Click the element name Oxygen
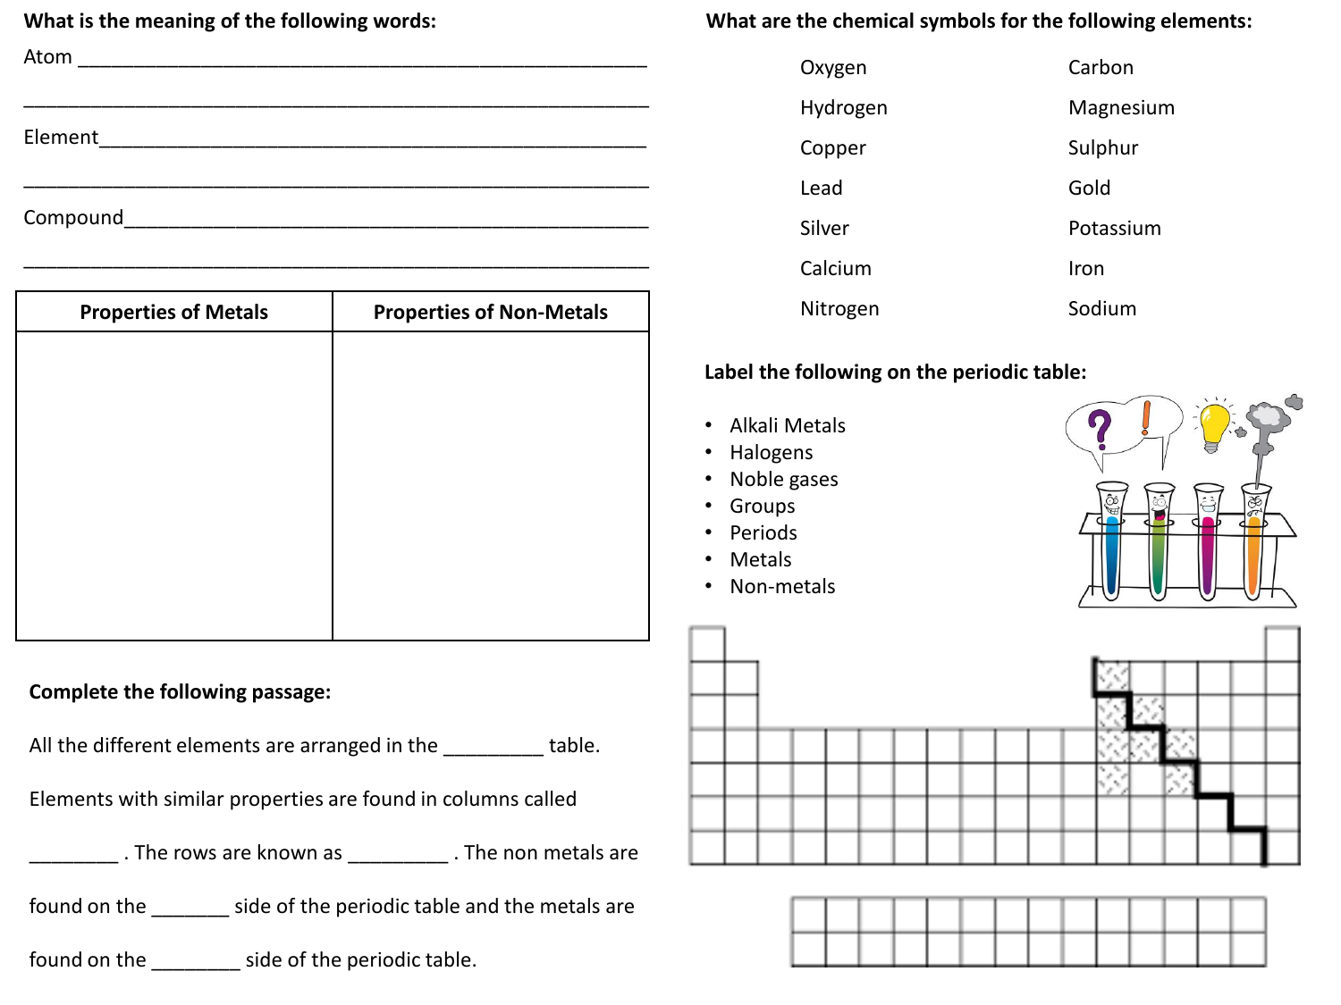point(832,68)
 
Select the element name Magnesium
point(1121,108)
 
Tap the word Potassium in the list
point(1114,229)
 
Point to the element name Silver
point(823,229)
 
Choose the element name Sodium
point(1101,309)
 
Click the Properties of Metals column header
point(173,312)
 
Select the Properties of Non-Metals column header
point(490,312)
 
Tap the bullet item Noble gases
point(783,480)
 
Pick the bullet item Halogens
point(771,453)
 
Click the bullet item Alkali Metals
point(787,426)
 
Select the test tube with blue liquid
point(1112,545)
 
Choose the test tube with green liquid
point(1159,545)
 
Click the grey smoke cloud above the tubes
point(1266,416)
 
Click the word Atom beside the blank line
point(47,57)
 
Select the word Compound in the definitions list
point(73,218)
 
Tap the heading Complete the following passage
point(180,692)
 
